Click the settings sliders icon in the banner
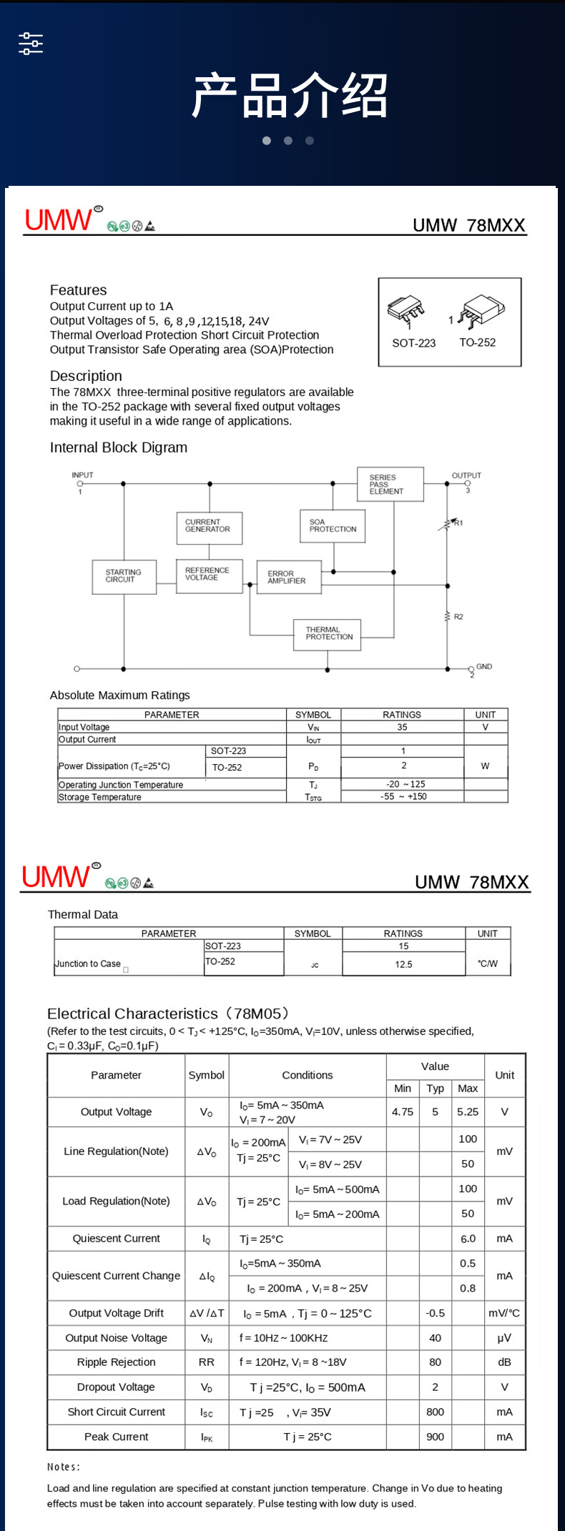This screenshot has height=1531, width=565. click(31, 44)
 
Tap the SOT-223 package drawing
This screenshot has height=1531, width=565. click(406, 310)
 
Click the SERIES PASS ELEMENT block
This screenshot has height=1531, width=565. click(390, 485)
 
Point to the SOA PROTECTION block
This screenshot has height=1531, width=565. click(333, 526)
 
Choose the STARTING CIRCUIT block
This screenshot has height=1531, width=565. click(124, 577)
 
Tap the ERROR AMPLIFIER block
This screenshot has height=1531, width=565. click(288, 578)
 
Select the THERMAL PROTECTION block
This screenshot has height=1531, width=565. click(328, 634)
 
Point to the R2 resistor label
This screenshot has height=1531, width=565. click(458, 617)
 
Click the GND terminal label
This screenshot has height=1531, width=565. click(484, 667)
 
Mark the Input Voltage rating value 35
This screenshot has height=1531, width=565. click(402, 727)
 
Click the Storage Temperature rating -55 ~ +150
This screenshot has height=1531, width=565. click(403, 796)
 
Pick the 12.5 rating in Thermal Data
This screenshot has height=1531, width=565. click(403, 964)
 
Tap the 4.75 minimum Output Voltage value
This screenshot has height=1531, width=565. click(403, 1112)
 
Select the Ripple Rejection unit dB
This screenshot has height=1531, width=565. click(504, 1362)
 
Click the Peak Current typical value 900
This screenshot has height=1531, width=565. click(435, 1437)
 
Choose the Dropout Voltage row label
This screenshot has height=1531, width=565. click(116, 1387)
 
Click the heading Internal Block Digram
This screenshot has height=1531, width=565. click(119, 448)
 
